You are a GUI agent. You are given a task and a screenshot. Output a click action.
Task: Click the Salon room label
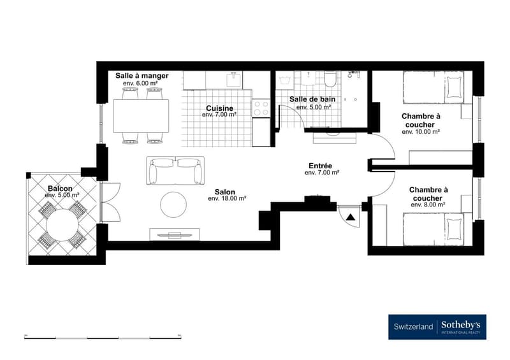(225, 192)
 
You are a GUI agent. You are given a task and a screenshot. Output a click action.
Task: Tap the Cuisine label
(219, 108)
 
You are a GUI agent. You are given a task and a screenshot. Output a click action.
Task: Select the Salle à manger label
(142, 76)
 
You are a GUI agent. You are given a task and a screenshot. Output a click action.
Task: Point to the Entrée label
(321, 166)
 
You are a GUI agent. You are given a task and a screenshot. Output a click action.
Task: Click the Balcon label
(60, 189)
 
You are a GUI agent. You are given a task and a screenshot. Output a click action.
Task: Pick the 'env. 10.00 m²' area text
(421, 132)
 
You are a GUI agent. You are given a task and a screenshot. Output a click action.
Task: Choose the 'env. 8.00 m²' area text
(428, 205)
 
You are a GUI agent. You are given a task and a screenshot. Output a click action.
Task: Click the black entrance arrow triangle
(350, 217)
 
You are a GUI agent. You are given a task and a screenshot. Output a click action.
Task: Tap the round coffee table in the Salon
(173, 205)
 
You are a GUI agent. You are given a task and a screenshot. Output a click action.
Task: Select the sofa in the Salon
(175, 170)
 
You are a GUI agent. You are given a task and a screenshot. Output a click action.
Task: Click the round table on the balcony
(62, 225)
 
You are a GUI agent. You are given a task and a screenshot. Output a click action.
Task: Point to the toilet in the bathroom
(330, 79)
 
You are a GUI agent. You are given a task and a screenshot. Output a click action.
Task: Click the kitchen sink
(234, 80)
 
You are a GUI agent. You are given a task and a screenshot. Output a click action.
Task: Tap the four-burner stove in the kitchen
(261, 108)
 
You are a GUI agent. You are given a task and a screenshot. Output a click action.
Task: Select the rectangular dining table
(141, 116)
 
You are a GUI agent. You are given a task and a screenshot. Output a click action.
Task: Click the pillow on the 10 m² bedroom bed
(454, 87)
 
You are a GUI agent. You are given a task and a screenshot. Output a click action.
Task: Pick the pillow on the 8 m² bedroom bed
(454, 229)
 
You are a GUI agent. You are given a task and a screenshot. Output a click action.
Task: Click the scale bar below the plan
(103, 337)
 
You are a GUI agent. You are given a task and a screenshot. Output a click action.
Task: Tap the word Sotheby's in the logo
(460, 324)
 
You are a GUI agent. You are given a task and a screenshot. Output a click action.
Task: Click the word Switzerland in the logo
(413, 326)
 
